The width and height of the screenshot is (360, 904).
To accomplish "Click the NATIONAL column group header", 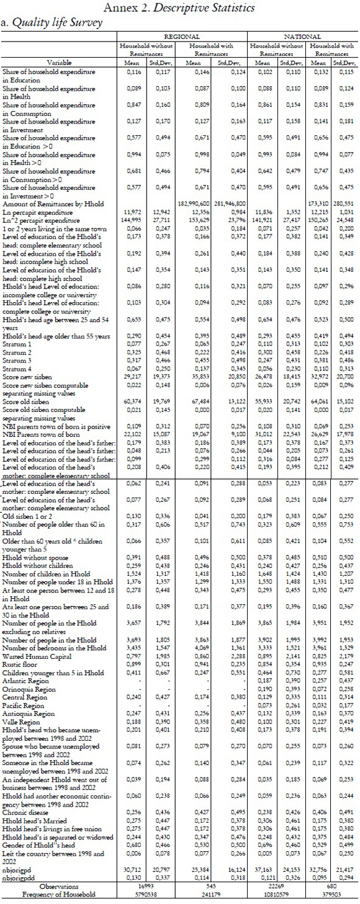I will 301,37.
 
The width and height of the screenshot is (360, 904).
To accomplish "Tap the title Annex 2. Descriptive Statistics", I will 179,8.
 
